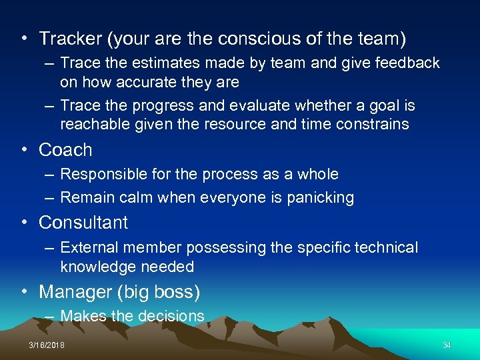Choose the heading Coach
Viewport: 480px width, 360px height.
[x=65, y=150]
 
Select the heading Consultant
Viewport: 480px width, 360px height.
[x=83, y=222]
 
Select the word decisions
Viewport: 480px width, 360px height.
[x=172, y=316]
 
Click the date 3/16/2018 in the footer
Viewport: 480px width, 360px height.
[x=47, y=345]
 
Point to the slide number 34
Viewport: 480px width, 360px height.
[x=447, y=345]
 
